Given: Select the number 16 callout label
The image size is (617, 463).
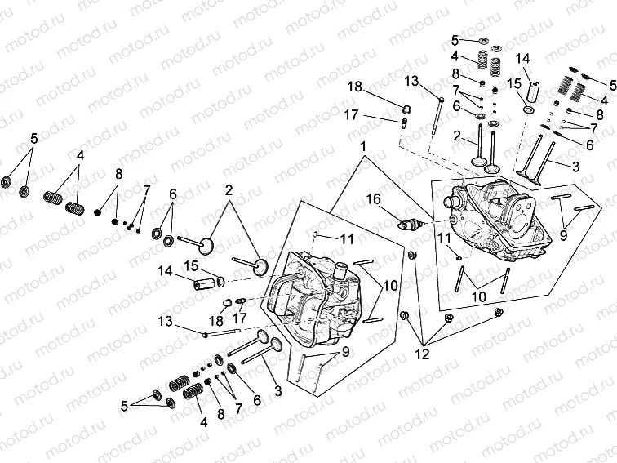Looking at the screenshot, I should pos(373,198).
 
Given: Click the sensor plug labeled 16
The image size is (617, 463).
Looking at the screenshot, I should pos(411,224).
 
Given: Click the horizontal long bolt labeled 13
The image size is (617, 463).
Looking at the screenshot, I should pos(219,332).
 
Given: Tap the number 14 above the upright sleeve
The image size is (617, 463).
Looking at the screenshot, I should pos(523,57).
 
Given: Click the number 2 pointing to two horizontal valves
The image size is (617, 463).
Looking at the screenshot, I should pos(229,189).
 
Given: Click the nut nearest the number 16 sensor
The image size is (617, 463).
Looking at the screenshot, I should pos(412,258).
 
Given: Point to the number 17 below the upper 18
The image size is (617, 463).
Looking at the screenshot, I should pos(351,115).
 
